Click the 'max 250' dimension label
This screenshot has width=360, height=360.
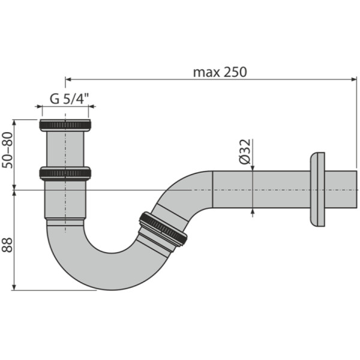220,72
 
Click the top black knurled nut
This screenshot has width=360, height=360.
65,125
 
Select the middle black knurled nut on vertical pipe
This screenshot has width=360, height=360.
65,173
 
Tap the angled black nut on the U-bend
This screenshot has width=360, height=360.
162,229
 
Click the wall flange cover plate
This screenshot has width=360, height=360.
317,190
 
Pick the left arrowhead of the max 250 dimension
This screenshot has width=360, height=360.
68,79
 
